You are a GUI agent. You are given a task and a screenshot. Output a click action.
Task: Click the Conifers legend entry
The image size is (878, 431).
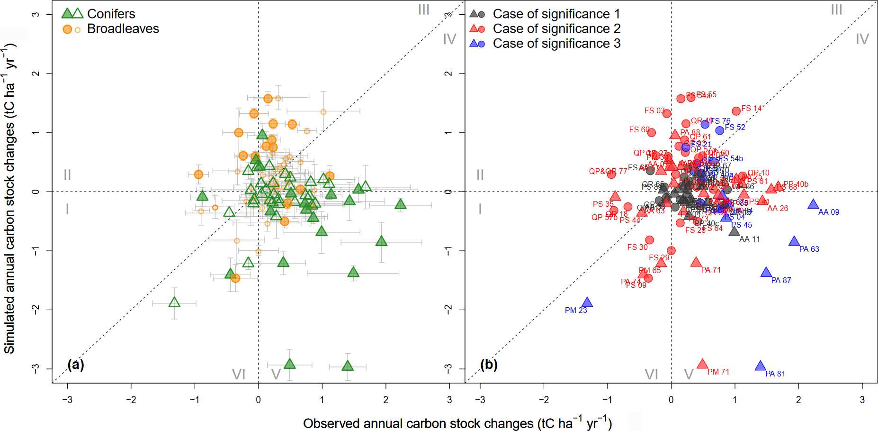[111, 14]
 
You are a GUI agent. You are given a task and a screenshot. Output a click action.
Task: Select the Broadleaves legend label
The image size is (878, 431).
[123, 29]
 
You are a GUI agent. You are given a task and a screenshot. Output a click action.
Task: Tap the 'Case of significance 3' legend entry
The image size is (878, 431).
[556, 44]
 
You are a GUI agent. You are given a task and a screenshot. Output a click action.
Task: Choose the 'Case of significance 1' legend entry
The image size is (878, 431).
[556, 14]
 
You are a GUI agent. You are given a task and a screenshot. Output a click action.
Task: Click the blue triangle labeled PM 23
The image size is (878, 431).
[587, 303]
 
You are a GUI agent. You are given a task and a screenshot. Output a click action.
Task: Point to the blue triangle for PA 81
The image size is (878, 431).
[760, 366]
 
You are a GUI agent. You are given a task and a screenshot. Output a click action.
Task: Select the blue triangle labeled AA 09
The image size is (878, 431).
[813, 204]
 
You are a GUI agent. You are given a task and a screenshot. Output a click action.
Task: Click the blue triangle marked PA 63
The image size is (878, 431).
[794, 241]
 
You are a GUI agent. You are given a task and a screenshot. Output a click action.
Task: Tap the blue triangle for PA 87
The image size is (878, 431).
[766, 272]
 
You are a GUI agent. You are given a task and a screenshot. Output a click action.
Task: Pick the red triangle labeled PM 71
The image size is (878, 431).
[702, 364]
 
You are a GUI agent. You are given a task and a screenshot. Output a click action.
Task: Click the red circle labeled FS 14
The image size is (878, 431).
[736, 111]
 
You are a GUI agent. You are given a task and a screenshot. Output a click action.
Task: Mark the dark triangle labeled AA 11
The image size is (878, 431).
[734, 231]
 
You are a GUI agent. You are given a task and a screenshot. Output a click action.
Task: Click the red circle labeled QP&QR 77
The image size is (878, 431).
[611, 174]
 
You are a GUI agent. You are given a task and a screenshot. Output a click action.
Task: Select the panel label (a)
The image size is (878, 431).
[76, 364]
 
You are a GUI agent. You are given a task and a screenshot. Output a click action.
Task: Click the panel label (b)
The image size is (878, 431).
[489, 364]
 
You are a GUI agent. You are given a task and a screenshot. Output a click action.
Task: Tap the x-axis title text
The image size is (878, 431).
[457, 423]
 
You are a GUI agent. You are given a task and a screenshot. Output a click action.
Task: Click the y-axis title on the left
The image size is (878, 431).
[10, 199]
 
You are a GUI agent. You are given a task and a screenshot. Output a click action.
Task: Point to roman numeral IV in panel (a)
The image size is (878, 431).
[449, 39]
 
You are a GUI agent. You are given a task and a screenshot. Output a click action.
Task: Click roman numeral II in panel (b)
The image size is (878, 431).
[480, 175]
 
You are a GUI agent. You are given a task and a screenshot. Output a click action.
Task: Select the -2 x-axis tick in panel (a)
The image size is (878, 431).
[131, 400]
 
